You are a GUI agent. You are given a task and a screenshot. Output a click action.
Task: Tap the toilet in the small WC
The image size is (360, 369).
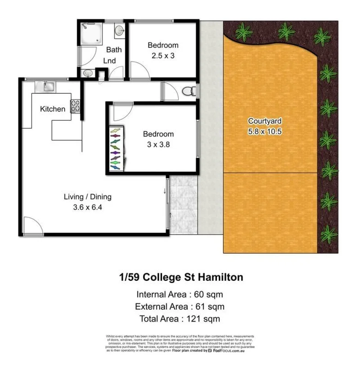pyautogui.click(x=188, y=92)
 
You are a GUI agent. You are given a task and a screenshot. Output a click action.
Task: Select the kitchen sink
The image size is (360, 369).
pyautogui.click(x=48, y=86)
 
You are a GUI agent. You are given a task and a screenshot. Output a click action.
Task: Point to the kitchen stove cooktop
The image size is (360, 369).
pyautogui.click(x=75, y=106)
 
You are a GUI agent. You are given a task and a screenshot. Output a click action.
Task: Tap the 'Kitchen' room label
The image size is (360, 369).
pyautogui.click(x=53, y=109)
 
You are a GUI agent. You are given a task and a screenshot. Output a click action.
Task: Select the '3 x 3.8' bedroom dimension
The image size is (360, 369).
pyautogui.click(x=158, y=144)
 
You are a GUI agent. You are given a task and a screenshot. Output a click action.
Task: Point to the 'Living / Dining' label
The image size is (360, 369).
pyautogui.click(x=87, y=197)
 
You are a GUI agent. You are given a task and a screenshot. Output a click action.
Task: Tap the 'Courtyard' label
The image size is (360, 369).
pyautogui.click(x=264, y=121)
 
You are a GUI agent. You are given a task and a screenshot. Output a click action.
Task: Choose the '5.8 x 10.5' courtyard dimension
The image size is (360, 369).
pyautogui.click(x=264, y=131)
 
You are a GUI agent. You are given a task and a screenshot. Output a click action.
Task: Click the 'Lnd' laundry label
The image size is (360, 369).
pyautogui.click(x=109, y=60)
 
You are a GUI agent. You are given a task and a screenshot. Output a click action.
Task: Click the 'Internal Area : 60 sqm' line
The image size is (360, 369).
pyautogui.click(x=180, y=294)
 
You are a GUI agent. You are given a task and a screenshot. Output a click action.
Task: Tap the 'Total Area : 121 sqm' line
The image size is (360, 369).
pyautogui.click(x=180, y=318)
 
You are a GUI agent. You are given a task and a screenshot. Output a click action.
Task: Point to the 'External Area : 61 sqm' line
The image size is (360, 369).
pyautogui.click(x=180, y=306)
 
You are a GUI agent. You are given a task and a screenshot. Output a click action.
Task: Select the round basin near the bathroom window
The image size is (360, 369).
pyautogui.click(x=119, y=31)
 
